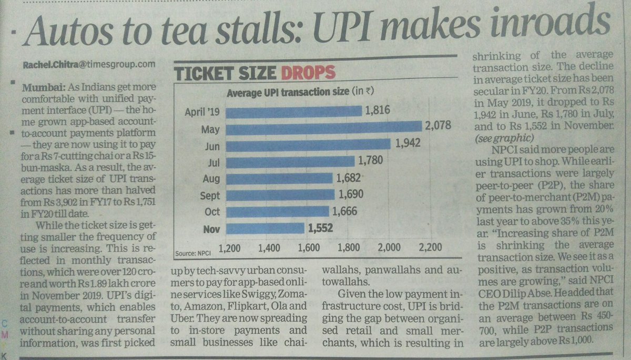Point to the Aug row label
click(x=211, y=179)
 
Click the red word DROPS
click(x=306, y=73)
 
